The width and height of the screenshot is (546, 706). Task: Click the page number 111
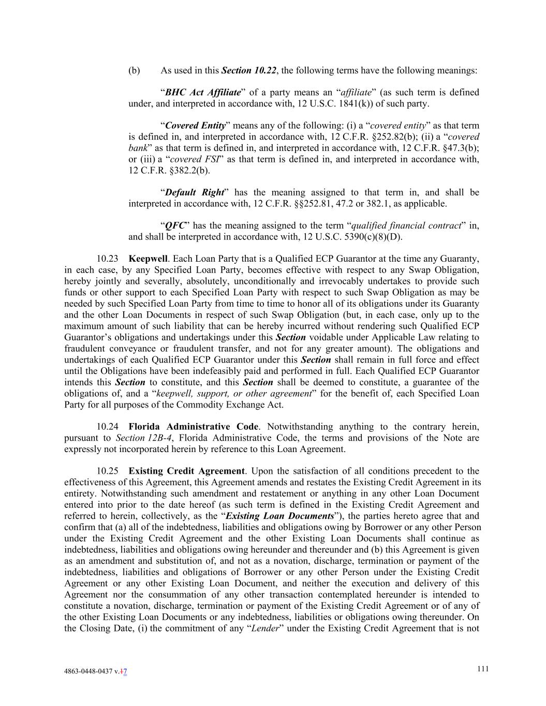point(482,669)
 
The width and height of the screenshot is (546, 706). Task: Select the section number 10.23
point(107,259)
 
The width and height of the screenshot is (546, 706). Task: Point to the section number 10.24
point(107,427)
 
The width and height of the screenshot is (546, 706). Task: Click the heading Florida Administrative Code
point(193,427)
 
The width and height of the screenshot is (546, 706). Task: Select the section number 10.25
point(107,471)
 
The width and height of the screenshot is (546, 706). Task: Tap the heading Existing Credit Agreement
point(186,471)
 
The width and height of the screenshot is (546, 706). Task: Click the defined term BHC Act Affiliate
point(203,93)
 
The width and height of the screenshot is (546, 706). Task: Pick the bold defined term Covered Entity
point(195,126)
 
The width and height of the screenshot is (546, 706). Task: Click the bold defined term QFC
point(175,226)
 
